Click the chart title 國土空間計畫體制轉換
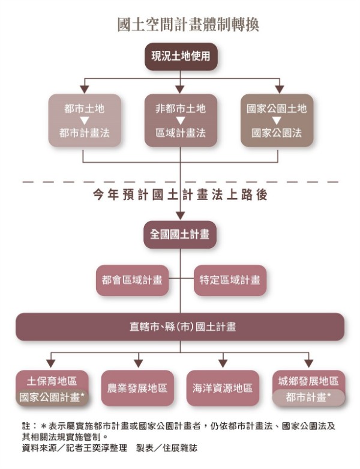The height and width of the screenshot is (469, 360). tap(188, 25)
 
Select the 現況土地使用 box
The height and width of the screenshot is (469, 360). tap(181, 56)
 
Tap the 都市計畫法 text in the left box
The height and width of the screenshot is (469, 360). tap(85, 133)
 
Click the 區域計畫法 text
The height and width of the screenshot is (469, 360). tap(181, 133)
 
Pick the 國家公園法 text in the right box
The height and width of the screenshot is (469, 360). tap(277, 133)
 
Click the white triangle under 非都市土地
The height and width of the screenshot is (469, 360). tap(181, 121)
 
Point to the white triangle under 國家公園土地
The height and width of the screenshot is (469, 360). tap(277, 121)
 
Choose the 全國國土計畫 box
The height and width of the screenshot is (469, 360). tap(180, 234)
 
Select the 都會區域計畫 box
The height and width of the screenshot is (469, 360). tap(132, 280)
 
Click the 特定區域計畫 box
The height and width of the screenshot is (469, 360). tap(230, 280)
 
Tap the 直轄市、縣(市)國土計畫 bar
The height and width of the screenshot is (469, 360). tap(180, 327)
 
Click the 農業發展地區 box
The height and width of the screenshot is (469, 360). tap(137, 388)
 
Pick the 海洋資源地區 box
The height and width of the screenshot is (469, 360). tap(223, 388)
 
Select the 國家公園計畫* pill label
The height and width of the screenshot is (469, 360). tap(52, 398)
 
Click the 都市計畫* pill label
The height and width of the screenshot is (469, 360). tap(308, 398)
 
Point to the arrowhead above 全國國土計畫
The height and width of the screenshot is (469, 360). tap(180, 216)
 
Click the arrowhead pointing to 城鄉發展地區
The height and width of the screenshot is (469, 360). tap(308, 363)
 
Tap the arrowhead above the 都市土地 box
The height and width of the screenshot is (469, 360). tap(85, 89)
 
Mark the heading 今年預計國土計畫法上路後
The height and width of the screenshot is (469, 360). tap(180, 195)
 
